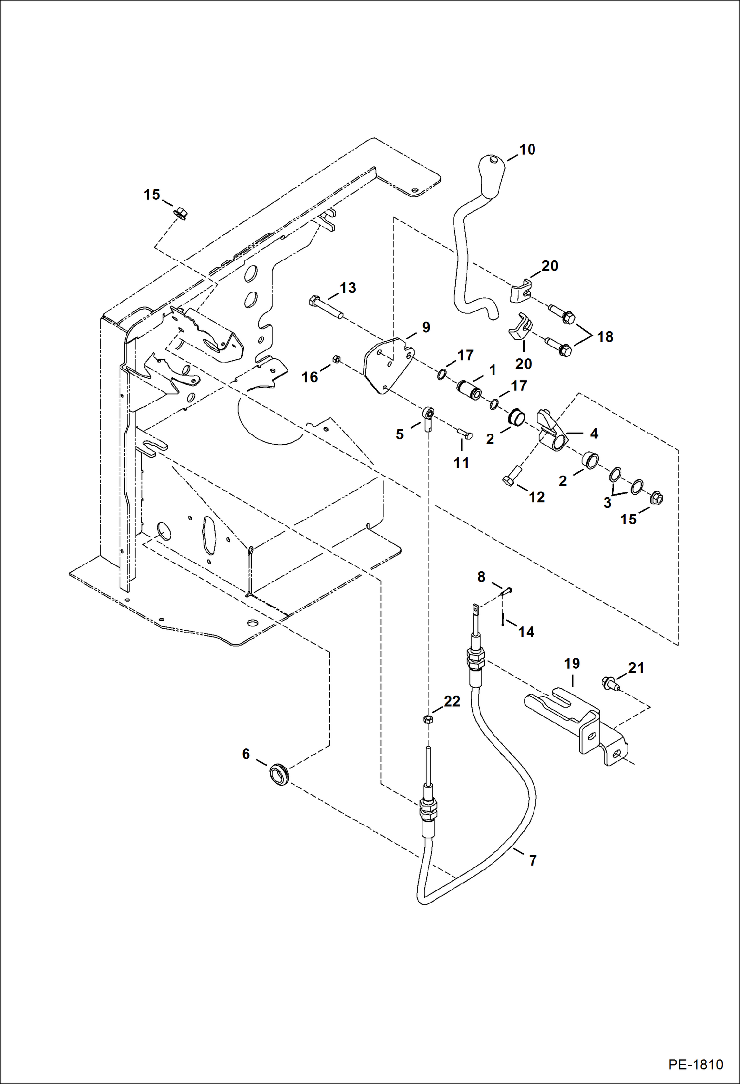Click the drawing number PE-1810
pyautogui.click(x=696, y=1064)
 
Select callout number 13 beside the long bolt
pyautogui.click(x=348, y=288)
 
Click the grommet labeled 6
pyautogui.click(x=279, y=774)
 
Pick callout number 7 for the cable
pyautogui.click(x=533, y=861)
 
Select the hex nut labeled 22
pyautogui.click(x=428, y=719)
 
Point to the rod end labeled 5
pyautogui.click(x=428, y=416)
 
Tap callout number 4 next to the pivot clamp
pyautogui.click(x=594, y=434)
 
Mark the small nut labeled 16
pyautogui.click(x=336, y=359)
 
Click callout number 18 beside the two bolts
pyautogui.click(x=605, y=337)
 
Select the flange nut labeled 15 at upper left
pyautogui.click(x=180, y=214)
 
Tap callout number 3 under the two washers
pyautogui.click(x=607, y=503)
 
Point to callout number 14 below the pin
pyautogui.click(x=526, y=632)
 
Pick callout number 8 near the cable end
pyautogui.click(x=481, y=577)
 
